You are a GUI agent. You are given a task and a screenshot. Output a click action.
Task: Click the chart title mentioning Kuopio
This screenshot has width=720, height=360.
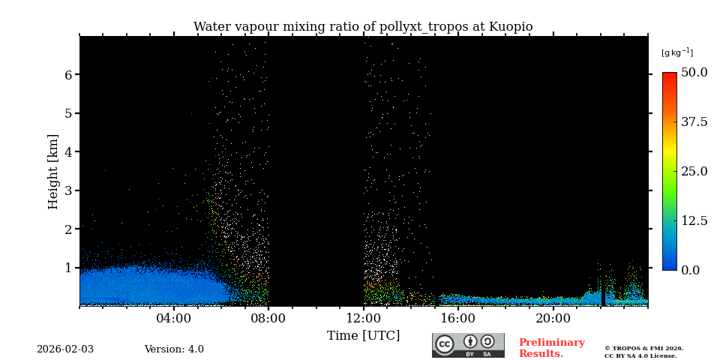click(363, 27)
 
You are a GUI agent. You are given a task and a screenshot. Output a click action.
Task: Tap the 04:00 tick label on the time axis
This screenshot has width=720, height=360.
click(174, 318)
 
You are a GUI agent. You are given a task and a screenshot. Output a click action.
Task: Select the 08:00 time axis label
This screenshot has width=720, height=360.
click(268, 318)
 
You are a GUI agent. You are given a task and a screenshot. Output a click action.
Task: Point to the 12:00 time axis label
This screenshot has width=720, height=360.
click(364, 318)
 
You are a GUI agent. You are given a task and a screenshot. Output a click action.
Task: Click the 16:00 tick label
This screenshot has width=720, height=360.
click(458, 318)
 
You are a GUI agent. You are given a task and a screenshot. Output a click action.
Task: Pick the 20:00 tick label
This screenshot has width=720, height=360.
click(553, 318)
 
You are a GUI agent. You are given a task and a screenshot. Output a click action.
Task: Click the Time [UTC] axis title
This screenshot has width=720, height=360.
click(363, 335)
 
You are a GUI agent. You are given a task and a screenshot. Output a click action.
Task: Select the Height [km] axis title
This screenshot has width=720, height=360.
click(53, 171)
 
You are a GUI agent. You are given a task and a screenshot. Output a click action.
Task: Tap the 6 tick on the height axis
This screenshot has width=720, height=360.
click(67, 75)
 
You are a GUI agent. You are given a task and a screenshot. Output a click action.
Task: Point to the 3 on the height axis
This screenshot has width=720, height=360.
click(67, 190)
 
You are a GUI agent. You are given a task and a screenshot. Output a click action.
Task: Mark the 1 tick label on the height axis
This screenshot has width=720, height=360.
click(67, 268)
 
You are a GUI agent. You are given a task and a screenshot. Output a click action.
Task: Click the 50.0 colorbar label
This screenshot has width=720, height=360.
click(694, 73)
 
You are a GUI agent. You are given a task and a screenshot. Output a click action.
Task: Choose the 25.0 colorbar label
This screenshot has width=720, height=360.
click(694, 171)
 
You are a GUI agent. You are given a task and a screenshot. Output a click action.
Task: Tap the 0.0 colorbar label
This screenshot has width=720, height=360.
click(690, 270)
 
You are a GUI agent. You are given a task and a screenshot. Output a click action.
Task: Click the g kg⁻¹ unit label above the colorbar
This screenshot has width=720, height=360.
click(676, 52)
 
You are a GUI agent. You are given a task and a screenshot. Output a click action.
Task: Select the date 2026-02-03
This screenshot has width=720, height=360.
click(65, 349)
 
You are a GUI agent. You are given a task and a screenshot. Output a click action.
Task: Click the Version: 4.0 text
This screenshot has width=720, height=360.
click(174, 349)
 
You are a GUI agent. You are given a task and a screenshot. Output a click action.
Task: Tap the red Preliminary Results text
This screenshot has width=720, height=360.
click(551, 348)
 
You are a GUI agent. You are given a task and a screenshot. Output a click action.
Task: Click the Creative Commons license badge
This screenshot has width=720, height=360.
click(468, 345)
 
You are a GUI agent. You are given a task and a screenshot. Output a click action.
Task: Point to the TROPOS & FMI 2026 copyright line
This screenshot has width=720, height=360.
click(643, 348)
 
